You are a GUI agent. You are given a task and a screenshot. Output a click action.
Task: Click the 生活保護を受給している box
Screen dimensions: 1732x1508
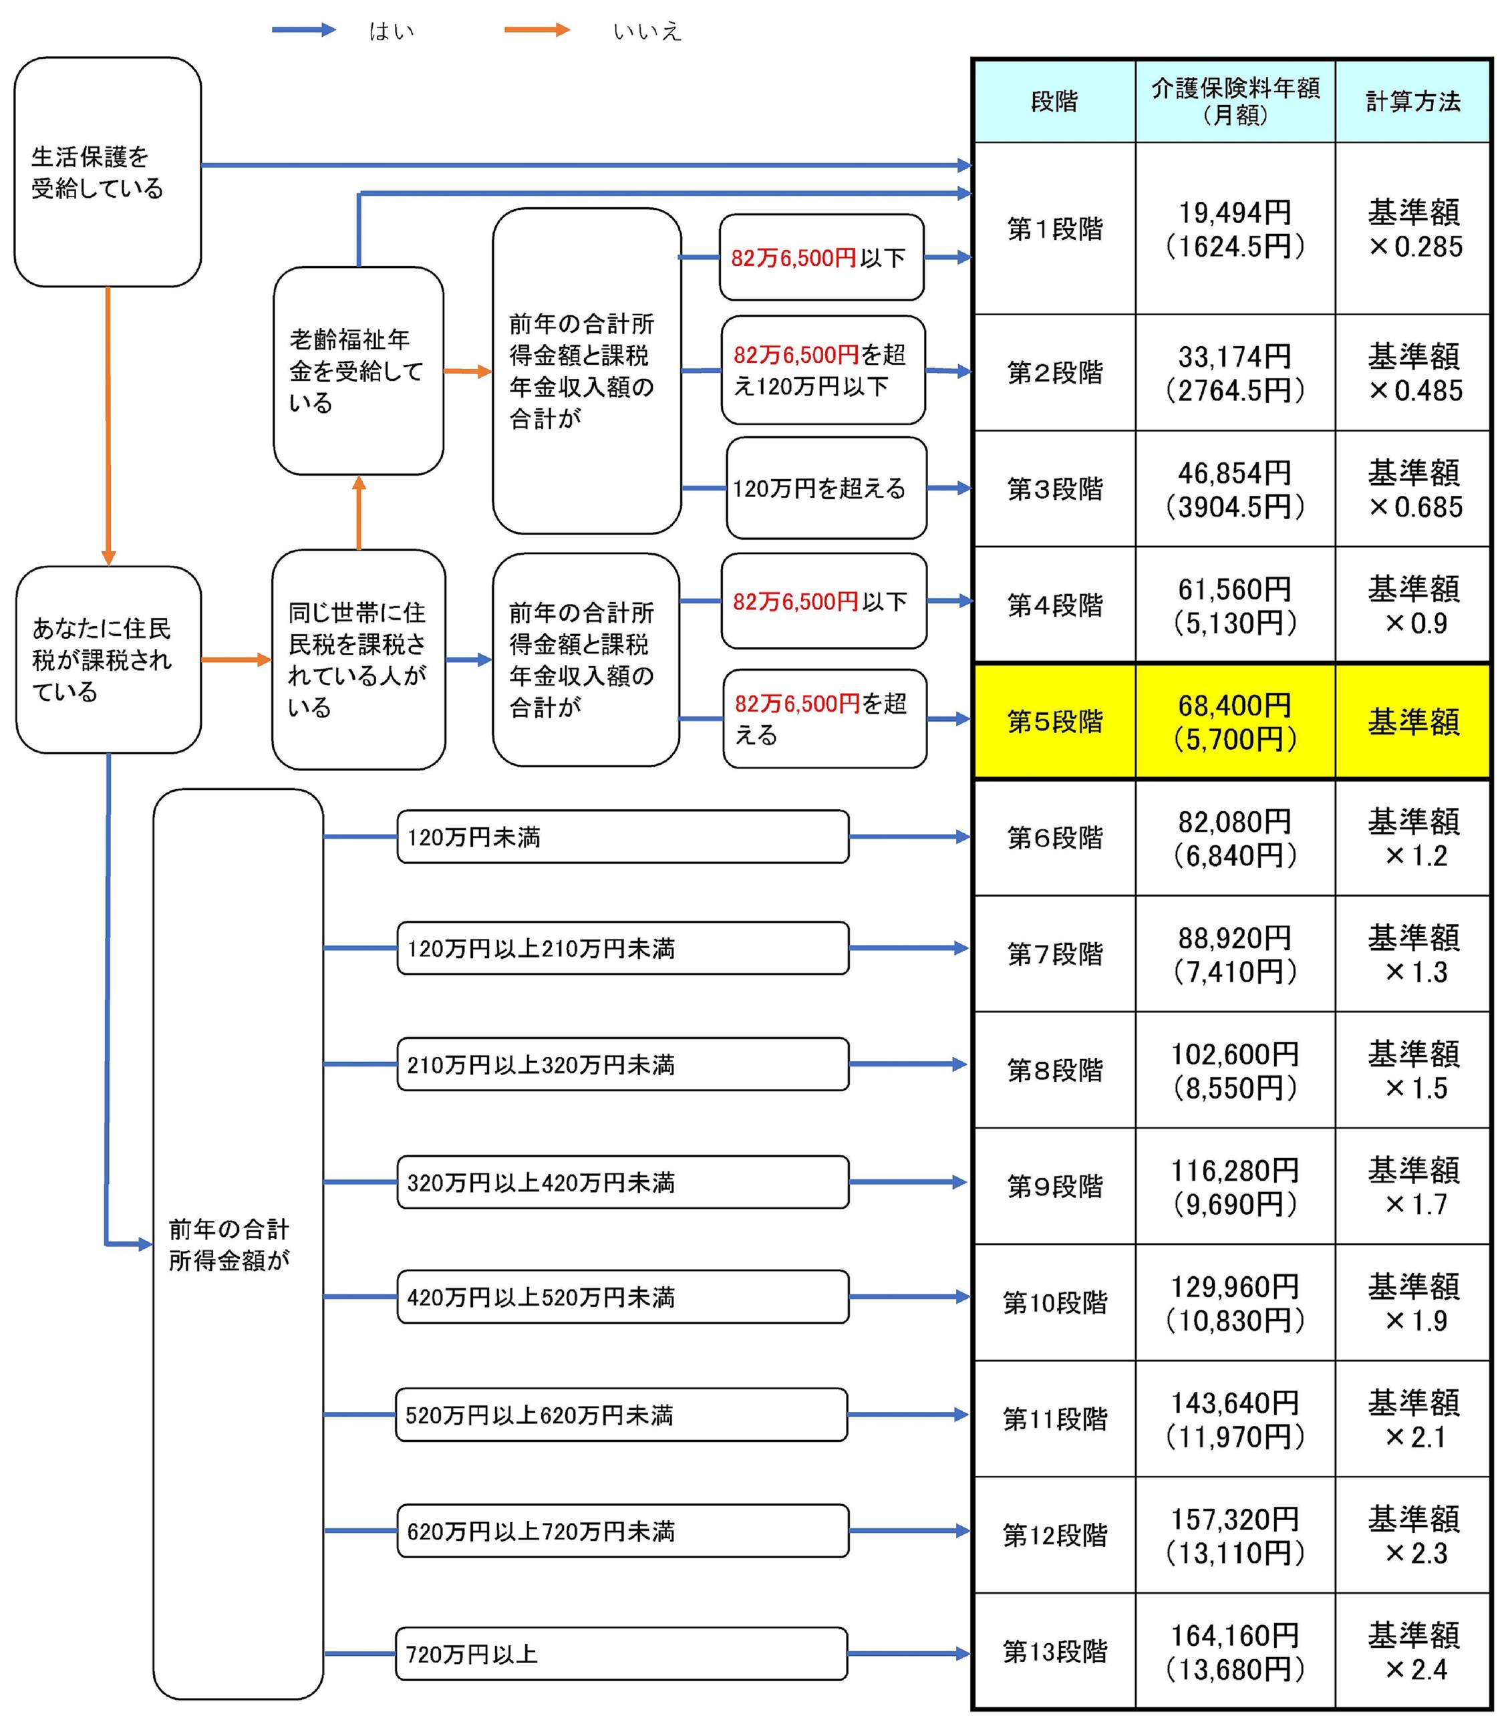(x=108, y=172)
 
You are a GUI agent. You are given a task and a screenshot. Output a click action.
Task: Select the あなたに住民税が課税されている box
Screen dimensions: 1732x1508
(x=108, y=660)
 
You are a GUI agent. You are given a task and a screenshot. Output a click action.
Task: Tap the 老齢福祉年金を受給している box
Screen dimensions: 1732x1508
(x=359, y=371)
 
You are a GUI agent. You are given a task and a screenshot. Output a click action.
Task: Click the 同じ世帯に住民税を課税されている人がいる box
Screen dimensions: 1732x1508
(x=359, y=660)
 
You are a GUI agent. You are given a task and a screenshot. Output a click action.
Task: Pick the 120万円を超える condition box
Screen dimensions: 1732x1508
(x=826, y=488)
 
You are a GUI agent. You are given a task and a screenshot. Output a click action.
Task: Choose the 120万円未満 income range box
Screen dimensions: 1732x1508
(x=623, y=837)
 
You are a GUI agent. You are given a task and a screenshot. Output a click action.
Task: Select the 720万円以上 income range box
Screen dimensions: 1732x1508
(x=621, y=1654)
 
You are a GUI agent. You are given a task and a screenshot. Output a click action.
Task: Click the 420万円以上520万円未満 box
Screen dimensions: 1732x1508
(x=623, y=1297)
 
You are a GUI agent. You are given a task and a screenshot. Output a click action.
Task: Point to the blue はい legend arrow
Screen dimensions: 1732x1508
(x=304, y=30)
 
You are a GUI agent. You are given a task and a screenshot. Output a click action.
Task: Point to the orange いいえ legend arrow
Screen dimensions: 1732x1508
(x=537, y=30)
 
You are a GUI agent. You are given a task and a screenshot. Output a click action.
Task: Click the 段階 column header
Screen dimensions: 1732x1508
(x=1054, y=101)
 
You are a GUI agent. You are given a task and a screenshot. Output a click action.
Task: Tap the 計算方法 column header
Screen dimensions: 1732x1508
(x=1413, y=101)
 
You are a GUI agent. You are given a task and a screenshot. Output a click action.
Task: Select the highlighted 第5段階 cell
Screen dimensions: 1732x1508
(x=1054, y=721)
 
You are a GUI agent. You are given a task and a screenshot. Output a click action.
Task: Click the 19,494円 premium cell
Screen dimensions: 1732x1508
(x=1235, y=229)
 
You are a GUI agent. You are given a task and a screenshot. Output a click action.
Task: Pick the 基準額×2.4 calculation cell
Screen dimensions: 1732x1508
(x=1413, y=1651)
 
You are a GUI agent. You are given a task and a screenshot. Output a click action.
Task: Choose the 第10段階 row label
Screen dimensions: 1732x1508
(x=1054, y=1303)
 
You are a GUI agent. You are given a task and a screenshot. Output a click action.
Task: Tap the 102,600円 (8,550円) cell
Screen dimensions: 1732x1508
(x=1235, y=1070)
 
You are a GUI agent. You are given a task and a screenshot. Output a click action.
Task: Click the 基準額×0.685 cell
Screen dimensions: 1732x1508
(x=1413, y=489)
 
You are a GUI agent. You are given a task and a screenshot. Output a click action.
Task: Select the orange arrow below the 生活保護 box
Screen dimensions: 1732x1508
(x=108, y=425)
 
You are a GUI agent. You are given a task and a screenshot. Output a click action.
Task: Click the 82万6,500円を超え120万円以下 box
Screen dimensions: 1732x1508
(x=823, y=370)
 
